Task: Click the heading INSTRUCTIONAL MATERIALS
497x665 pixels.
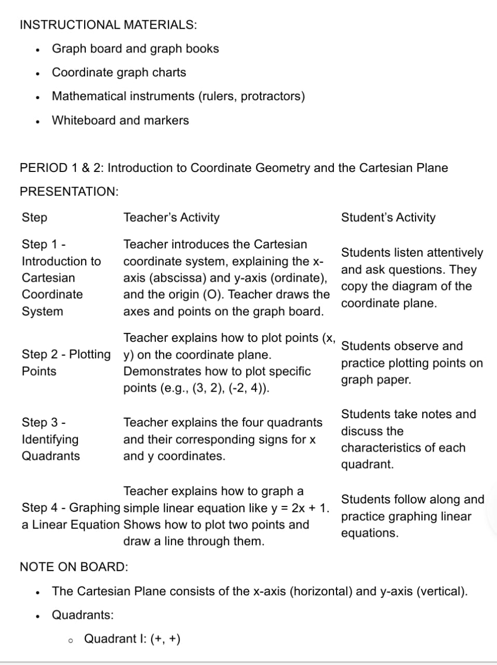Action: click(x=108, y=24)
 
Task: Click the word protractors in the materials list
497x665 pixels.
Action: click(x=272, y=96)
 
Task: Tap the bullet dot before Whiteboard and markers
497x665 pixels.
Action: click(x=38, y=121)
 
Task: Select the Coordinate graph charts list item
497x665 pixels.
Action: click(x=119, y=72)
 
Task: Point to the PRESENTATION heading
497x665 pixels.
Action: click(x=69, y=191)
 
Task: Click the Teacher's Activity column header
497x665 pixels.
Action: click(x=171, y=217)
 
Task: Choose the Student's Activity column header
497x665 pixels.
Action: click(x=388, y=217)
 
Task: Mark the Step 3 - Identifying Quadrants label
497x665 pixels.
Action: click(x=50, y=439)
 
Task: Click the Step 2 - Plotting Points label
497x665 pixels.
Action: click(x=66, y=363)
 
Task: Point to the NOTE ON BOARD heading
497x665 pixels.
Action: click(x=74, y=566)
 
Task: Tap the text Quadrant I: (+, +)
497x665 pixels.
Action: click(x=132, y=639)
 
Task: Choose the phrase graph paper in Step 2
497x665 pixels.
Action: click(x=376, y=380)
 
